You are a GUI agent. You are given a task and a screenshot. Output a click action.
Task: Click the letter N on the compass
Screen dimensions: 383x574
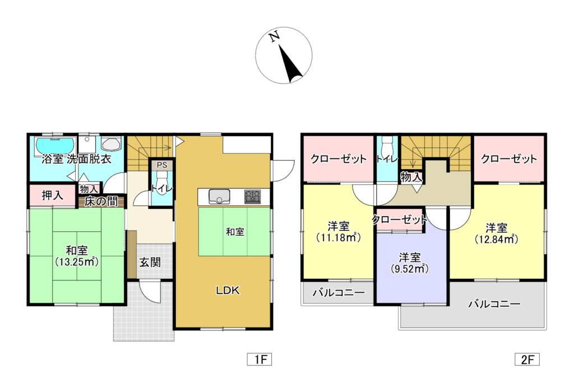coord(274,38)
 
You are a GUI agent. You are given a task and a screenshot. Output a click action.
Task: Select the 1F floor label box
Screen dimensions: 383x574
coord(259,359)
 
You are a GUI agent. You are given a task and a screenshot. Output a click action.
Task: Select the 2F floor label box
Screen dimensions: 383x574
coord(526,359)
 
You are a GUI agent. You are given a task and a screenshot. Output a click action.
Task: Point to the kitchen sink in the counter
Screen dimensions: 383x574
coord(219,196)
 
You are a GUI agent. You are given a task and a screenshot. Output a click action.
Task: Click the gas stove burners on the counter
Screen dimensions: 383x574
coord(252,197)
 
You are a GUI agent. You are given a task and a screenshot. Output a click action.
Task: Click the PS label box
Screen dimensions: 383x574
coord(161,165)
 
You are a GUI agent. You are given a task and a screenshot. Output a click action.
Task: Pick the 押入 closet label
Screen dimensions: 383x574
coord(52,196)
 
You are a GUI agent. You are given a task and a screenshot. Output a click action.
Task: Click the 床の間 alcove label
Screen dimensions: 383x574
coord(101,202)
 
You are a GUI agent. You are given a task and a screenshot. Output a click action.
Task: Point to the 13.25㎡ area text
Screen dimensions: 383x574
coord(77,261)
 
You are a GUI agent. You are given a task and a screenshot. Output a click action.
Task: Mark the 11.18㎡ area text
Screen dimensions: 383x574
coord(338,237)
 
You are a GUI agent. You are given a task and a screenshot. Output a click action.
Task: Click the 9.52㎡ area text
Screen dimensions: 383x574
coord(410,268)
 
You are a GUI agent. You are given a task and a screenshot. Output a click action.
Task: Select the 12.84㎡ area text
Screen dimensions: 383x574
coord(496,239)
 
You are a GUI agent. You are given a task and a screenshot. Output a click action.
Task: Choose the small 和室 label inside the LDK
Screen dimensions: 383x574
coord(235,231)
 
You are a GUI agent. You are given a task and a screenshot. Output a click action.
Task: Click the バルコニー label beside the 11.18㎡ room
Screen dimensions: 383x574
coord(338,293)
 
